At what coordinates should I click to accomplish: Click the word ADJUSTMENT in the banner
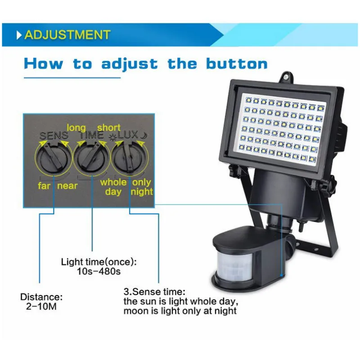click(x=67, y=35)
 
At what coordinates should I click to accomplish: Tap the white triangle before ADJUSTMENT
click(x=19, y=35)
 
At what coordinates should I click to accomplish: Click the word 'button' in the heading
click(x=237, y=63)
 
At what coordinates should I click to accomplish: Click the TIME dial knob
click(x=92, y=157)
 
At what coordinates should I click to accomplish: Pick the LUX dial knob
click(x=129, y=157)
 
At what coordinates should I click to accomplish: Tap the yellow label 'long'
click(x=76, y=128)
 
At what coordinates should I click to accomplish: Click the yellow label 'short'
click(x=109, y=127)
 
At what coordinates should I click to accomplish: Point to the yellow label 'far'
click(x=44, y=186)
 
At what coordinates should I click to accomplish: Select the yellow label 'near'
click(x=67, y=186)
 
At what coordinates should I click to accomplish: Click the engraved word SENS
click(x=54, y=135)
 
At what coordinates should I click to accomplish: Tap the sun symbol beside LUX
click(x=113, y=137)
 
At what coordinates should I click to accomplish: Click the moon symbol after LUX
click(x=144, y=135)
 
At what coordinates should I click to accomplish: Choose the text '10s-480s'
click(x=99, y=271)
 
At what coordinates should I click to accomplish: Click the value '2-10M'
click(x=41, y=306)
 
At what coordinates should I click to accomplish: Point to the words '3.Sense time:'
click(x=154, y=292)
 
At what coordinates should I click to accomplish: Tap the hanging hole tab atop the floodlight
click(x=286, y=77)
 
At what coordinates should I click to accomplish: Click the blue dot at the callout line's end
click(x=281, y=275)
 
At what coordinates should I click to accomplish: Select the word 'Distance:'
click(x=41, y=297)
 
